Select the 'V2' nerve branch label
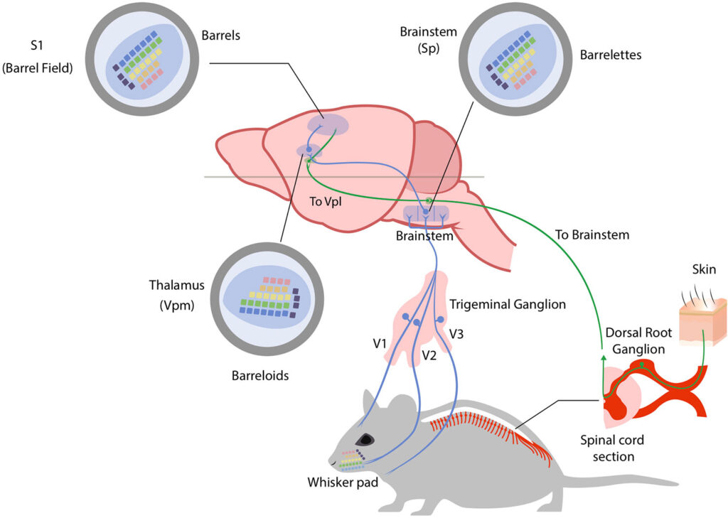pyautogui.click(x=429, y=353)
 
